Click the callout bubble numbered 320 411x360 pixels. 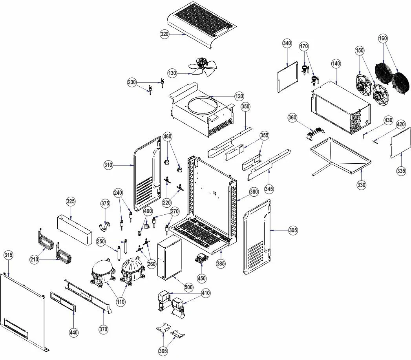[x=164, y=34]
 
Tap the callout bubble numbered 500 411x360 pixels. [x=188, y=287]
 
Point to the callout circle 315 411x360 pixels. [x=8, y=255]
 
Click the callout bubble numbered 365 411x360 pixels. [x=163, y=351]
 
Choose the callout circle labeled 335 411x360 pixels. [x=401, y=171]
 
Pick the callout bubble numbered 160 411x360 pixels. [x=383, y=38]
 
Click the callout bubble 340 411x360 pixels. [x=287, y=43]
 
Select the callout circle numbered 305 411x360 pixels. [x=293, y=230]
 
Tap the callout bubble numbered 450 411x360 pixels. [x=201, y=278]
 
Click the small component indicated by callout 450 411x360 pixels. [x=201, y=257]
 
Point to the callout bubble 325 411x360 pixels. [x=71, y=201]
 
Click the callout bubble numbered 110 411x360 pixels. [x=121, y=302]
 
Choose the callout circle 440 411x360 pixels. [x=73, y=333]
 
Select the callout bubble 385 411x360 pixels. [x=221, y=263]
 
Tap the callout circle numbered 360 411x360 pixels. [x=292, y=117]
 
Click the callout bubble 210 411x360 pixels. [x=34, y=259]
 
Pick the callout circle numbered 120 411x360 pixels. [x=239, y=96]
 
